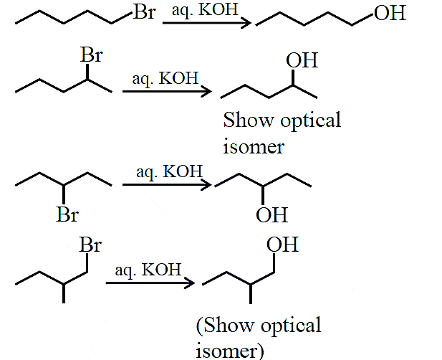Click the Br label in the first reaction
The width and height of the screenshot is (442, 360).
(x=145, y=12)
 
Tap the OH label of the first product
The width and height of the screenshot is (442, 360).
(x=390, y=13)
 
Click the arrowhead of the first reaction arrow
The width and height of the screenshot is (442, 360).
(x=246, y=23)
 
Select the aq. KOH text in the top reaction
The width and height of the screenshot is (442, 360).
(x=205, y=10)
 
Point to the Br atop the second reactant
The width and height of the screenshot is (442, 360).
(x=92, y=55)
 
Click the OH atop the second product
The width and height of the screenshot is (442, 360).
(x=302, y=60)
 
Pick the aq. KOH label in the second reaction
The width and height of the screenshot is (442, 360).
(x=165, y=78)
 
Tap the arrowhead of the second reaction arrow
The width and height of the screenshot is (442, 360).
(x=206, y=91)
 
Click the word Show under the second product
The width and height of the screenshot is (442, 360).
(x=249, y=120)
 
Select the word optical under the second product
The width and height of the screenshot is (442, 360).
(x=311, y=121)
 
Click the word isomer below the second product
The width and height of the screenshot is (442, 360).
(x=254, y=147)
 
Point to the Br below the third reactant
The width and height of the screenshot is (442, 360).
(x=67, y=214)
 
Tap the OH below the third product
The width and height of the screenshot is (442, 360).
(x=272, y=215)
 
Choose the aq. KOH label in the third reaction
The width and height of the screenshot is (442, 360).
(x=169, y=171)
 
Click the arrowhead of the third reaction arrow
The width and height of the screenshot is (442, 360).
(x=206, y=185)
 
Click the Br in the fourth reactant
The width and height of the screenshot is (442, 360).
(x=90, y=245)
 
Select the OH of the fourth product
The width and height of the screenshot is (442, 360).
(x=282, y=245)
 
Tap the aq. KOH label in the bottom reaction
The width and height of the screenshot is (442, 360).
(x=148, y=270)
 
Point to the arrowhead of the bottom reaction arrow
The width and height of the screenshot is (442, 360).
(x=189, y=283)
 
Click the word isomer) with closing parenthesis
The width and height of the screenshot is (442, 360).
(x=230, y=351)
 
